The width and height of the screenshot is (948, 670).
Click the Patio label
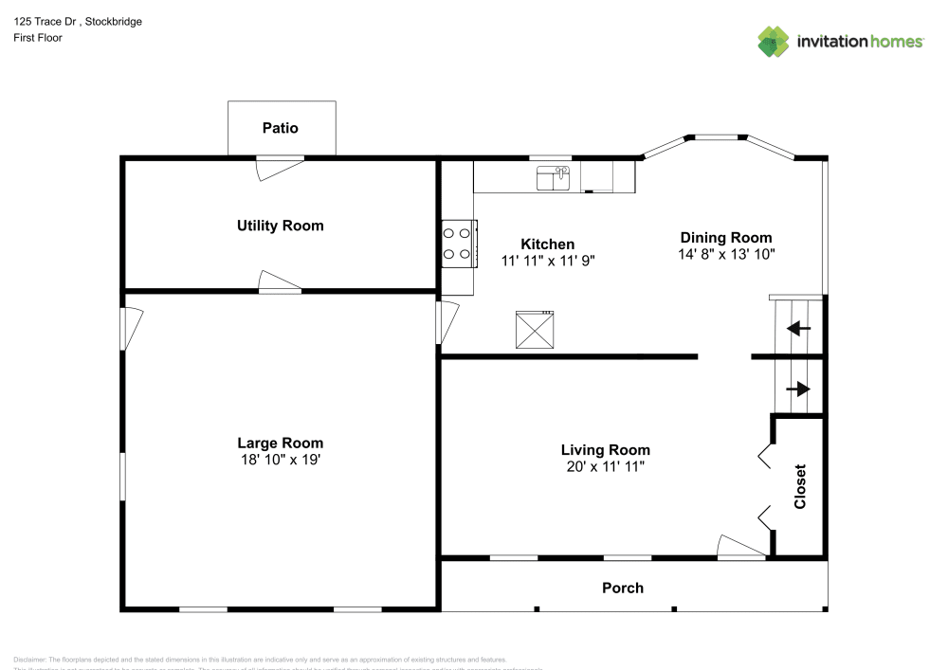point(281,128)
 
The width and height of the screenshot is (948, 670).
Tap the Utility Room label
point(280,226)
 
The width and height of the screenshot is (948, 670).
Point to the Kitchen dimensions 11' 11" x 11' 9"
point(548,260)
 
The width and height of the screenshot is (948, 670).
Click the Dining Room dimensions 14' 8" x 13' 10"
point(726,254)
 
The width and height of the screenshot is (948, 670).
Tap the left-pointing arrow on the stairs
point(798,329)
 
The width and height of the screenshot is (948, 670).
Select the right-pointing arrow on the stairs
point(798,389)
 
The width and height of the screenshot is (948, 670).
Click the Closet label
point(800,486)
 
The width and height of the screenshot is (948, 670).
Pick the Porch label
point(623,588)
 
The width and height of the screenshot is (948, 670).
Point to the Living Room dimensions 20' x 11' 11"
point(605,466)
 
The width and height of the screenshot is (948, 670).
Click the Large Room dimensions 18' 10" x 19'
point(280,460)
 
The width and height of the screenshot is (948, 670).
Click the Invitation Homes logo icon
point(774,42)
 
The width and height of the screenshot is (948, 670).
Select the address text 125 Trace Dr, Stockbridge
point(79,22)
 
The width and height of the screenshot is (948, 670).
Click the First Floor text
point(38,38)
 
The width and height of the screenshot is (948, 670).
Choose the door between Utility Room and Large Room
point(280,282)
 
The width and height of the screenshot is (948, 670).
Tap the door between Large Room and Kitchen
point(447,322)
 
